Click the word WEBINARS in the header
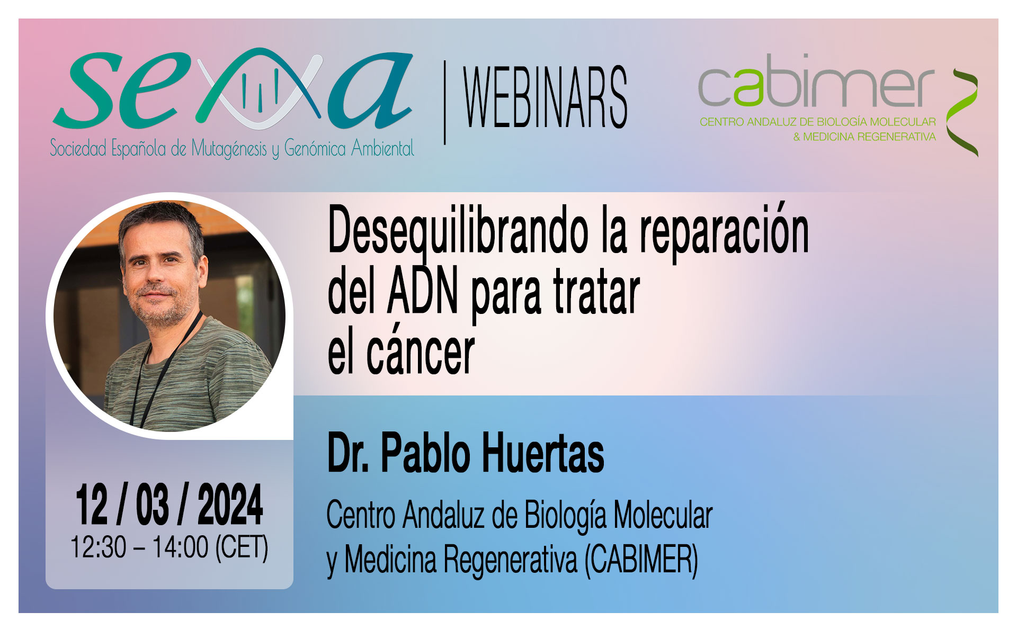[546, 97]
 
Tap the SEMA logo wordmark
[233, 89]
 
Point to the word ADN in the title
[423, 292]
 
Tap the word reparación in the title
[724, 232]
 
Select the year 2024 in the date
[230, 505]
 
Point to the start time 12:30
[99, 547]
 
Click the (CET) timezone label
[242, 547]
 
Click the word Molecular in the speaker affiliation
[663, 515]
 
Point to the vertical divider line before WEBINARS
[444, 102]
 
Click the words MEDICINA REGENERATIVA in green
[869, 137]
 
